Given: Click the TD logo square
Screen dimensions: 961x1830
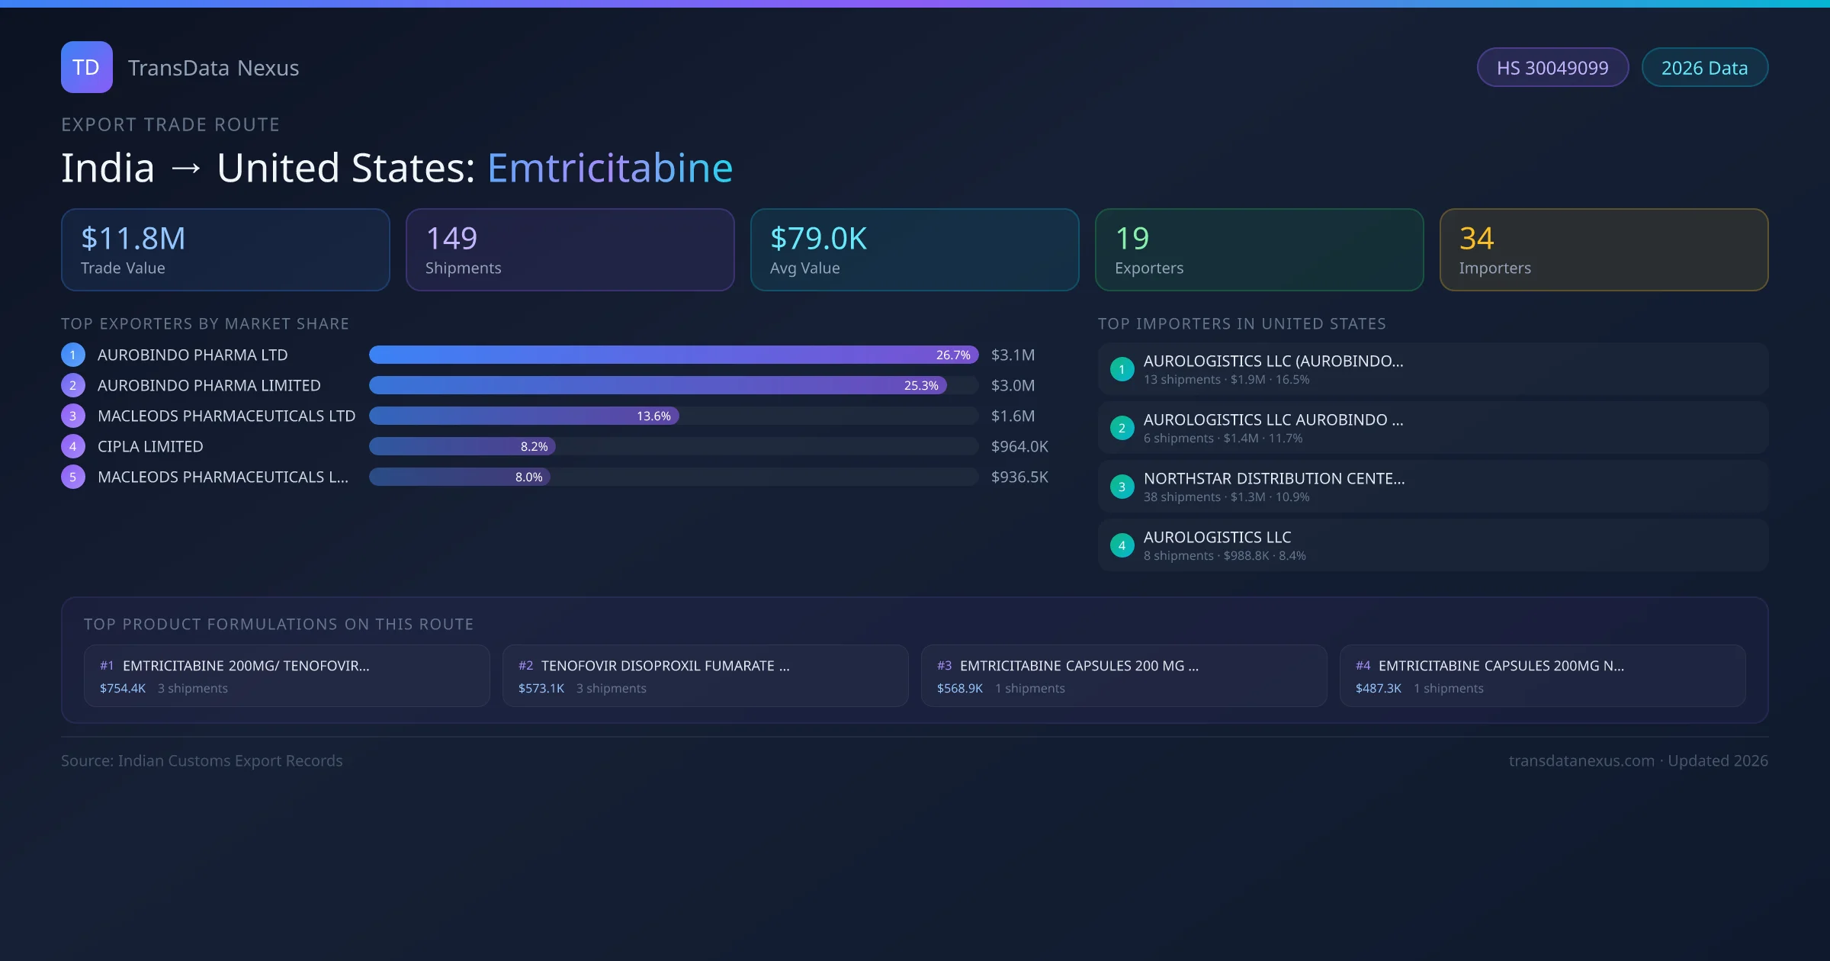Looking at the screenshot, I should coord(86,67).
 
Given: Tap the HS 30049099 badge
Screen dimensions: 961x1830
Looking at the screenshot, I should coord(1552,68).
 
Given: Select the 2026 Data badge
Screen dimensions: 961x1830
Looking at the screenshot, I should coord(1704,68).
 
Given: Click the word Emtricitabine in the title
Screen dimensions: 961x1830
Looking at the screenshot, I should coord(609,168).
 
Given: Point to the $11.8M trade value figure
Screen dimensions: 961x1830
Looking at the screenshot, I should coord(133,239).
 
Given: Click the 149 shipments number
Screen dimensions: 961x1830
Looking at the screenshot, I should coord(451,239).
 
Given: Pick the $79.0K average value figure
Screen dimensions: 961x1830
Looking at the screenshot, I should coord(818,239).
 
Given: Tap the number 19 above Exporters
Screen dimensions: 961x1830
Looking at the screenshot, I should coord(1132,239).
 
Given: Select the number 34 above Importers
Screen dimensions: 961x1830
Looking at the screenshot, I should coord(1476,239).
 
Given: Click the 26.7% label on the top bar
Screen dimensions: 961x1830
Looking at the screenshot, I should coord(952,355).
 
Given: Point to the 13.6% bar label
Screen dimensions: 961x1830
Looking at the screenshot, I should coord(653,416).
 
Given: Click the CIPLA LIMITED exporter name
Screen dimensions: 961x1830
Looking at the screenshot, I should coord(150,447).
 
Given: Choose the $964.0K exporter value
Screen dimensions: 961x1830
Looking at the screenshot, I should coord(1019,447).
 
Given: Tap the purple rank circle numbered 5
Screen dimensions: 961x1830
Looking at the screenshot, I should coord(73,477).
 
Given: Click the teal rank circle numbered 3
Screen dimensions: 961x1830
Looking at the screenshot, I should coord(1122,487).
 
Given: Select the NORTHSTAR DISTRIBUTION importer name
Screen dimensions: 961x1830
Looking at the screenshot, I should coord(1273,479).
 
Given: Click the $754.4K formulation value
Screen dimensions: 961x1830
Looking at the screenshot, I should coord(123,689).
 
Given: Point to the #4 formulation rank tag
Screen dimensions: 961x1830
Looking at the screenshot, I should coord(1363,666).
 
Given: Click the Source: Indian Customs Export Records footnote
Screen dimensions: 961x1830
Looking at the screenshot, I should coord(202,761).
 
